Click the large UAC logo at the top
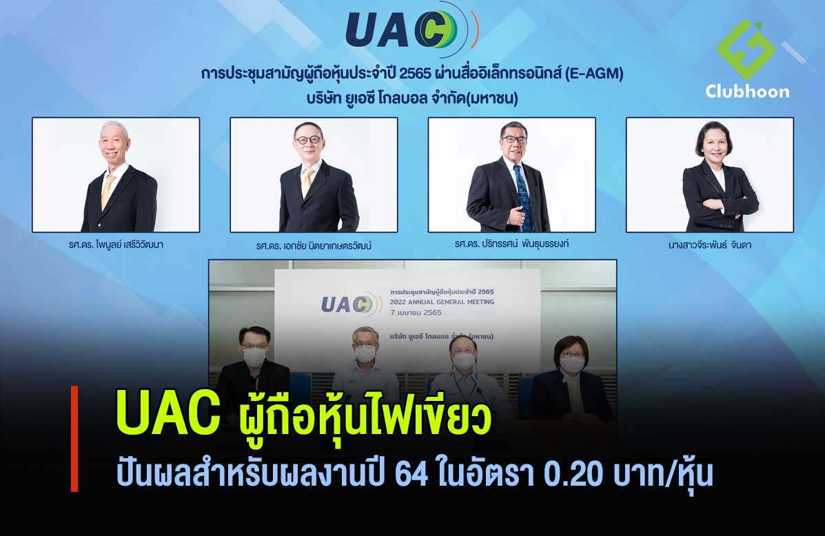point(412,29)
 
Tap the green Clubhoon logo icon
point(746,49)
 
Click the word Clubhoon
point(747,92)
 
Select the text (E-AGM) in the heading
point(593,74)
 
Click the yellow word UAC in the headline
point(168,412)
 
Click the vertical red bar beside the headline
point(74,439)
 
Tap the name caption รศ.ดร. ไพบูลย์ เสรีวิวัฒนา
point(116,245)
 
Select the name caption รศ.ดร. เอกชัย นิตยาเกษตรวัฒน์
point(314,246)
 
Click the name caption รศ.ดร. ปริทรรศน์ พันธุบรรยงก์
point(511,244)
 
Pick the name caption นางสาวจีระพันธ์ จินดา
point(710,245)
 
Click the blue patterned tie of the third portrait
point(524,197)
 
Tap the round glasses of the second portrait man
point(308,140)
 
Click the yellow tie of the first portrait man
point(108,191)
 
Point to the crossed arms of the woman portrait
point(720,204)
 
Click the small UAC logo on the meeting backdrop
point(352,304)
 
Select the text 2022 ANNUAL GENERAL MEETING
point(442,302)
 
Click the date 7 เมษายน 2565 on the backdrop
point(416,313)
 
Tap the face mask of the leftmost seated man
point(254,357)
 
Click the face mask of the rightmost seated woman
point(572,364)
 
